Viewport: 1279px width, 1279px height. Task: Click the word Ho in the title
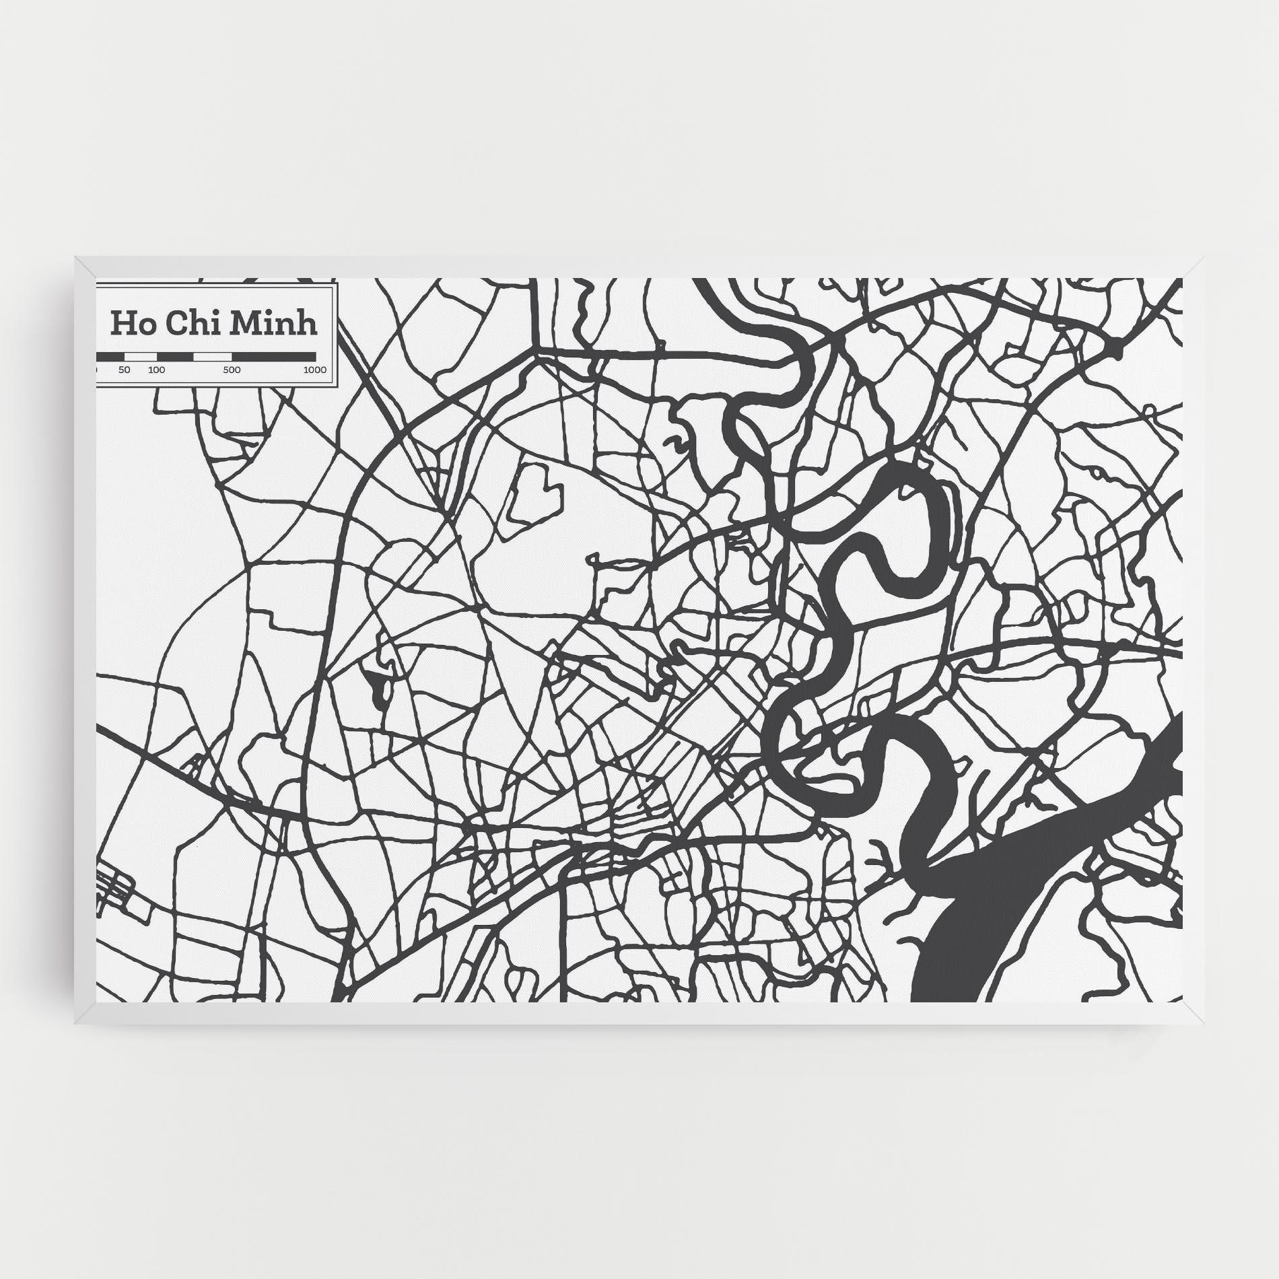[x=129, y=324]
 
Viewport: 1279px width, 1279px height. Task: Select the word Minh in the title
[x=273, y=324]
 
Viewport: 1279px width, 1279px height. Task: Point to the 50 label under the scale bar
[x=124, y=370]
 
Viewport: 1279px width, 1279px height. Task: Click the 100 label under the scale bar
[x=156, y=370]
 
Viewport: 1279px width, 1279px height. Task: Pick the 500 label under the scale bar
[x=232, y=370]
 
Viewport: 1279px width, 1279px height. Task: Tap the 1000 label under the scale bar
[x=314, y=370]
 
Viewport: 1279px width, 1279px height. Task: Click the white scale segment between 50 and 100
[x=141, y=356]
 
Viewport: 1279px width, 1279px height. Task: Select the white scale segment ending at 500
[x=212, y=356]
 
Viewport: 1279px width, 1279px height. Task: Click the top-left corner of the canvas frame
[x=76, y=257]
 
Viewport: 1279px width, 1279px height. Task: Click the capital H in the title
[x=120, y=324]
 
